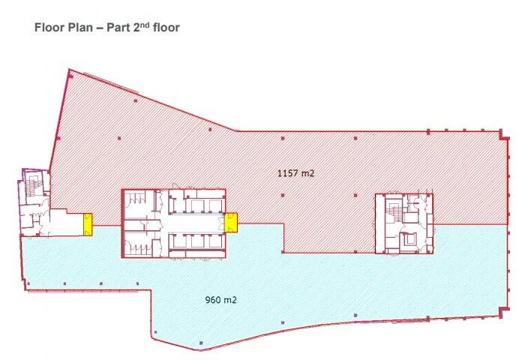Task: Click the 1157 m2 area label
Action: [x=295, y=174]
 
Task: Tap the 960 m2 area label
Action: [x=221, y=301]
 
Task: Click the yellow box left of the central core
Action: [x=88, y=223]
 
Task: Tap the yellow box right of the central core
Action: [x=232, y=223]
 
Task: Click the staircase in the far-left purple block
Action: [x=31, y=187]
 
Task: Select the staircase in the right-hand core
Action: [x=391, y=214]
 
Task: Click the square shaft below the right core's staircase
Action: [x=409, y=240]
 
